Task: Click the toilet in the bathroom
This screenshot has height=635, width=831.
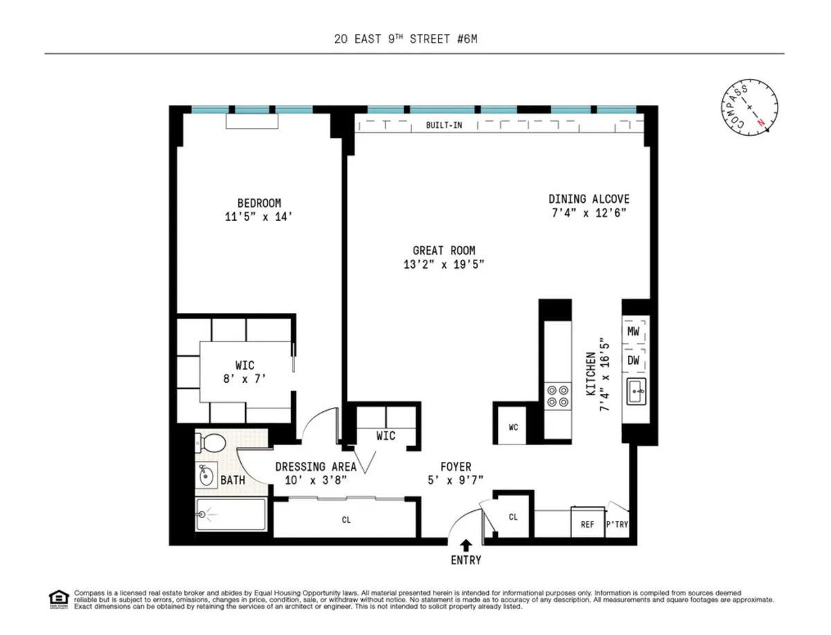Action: (211, 442)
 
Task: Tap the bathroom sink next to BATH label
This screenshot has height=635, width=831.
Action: (206, 476)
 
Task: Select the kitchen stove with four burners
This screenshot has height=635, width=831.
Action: (558, 395)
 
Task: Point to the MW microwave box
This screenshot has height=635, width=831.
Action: (633, 332)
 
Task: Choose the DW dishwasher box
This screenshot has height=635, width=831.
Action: (633, 360)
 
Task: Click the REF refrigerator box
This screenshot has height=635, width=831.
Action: (587, 524)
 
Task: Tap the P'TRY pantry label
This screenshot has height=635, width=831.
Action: (617, 524)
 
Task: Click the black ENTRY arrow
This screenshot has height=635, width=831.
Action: (466, 545)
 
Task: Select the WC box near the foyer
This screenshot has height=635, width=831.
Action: (513, 427)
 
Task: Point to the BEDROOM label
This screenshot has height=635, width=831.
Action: (259, 203)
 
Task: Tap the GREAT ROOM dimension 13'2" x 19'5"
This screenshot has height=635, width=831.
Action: (444, 264)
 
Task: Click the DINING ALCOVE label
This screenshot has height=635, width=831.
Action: (589, 199)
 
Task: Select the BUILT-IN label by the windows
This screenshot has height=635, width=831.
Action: (444, 125)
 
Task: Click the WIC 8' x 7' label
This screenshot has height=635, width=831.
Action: (244, 372)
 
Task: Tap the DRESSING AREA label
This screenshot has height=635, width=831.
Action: (316, 467)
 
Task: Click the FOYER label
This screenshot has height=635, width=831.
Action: (456, 467)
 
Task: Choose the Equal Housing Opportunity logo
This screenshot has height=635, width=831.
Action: (57, 598)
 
